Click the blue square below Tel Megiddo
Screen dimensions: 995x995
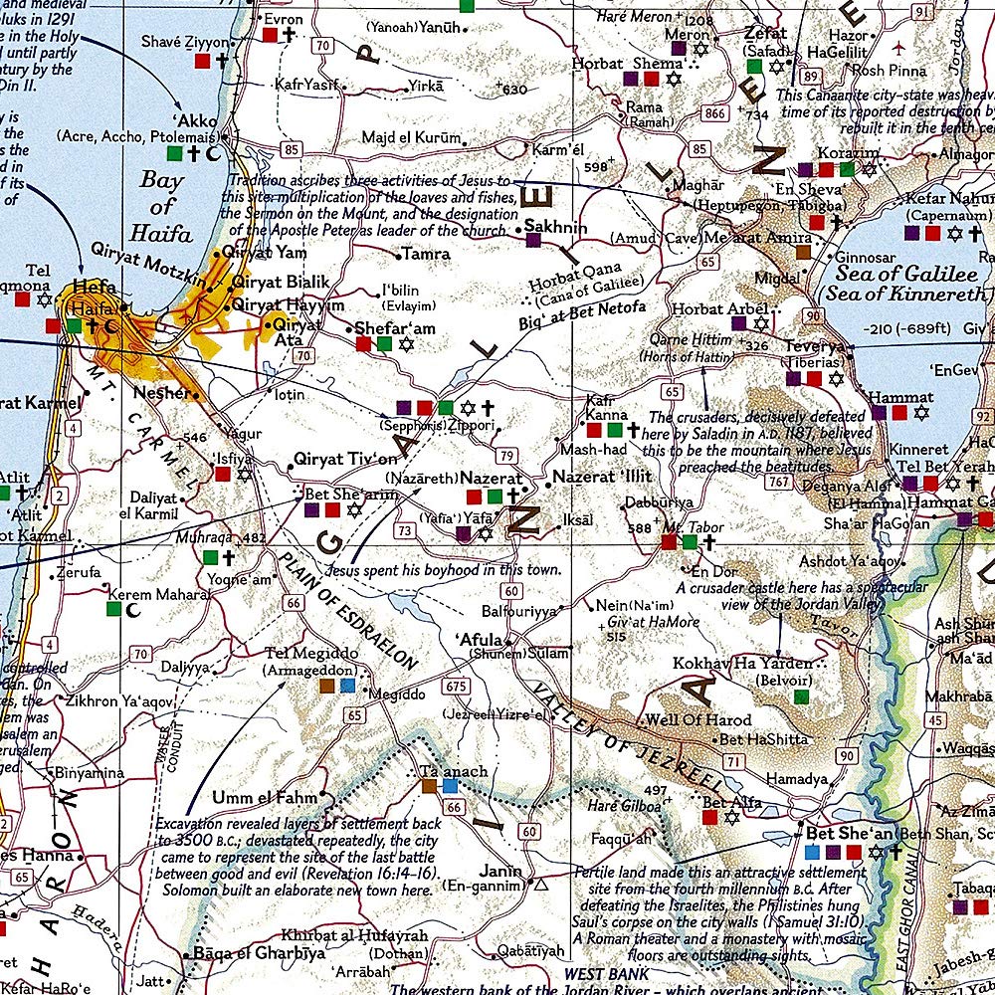[346, 686]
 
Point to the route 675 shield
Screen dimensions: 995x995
[457, 686]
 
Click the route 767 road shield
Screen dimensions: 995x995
[780, 483]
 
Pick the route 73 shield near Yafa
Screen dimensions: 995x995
[404, 531]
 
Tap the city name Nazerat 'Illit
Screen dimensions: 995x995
[602, 477]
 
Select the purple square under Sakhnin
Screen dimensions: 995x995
[533, 240]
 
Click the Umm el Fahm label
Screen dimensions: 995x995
[265, 797]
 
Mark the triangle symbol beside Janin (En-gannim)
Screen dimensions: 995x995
[541, 884]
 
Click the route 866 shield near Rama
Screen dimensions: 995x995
[714, 114]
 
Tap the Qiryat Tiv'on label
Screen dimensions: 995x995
[345, 459]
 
